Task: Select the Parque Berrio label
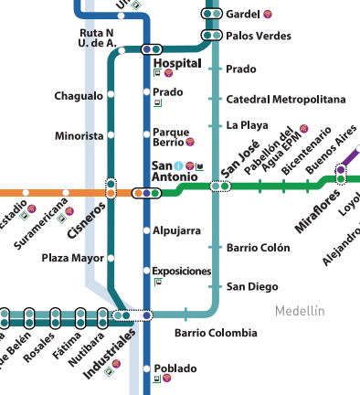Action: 169,137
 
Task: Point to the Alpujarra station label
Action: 176,230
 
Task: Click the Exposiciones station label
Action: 182,272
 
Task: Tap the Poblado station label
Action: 175,368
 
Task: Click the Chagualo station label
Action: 79,95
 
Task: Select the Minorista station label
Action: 79,135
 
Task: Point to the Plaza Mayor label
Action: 73,258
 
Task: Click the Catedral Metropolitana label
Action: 286,99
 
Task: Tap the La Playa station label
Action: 248,125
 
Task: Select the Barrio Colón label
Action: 258,248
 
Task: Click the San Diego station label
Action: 251,287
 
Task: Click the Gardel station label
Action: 242,15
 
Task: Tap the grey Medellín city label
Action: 300,311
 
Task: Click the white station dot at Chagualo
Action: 111,94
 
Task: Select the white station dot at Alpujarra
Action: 146,230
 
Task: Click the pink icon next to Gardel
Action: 267,15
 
